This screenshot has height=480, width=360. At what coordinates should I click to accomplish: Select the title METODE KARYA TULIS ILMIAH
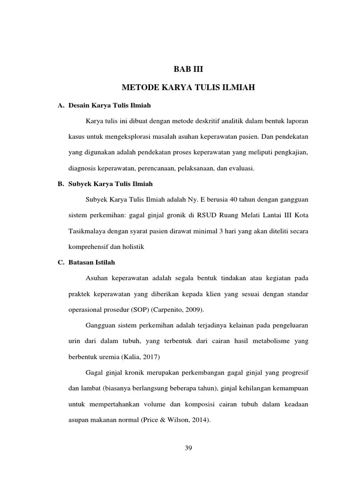pyautogui.click(x=188, y=88)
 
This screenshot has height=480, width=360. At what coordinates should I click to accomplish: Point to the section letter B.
pyautogui.click(x=60, y=184)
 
